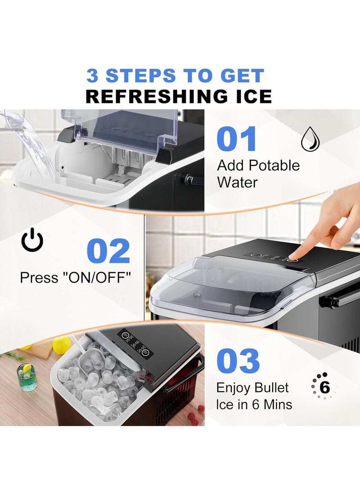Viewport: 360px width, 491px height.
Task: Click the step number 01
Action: click(237, 139)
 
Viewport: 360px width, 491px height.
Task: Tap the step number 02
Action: click(108, 251)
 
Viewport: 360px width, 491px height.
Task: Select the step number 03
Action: click(238, 360)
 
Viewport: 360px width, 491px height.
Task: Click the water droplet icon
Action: click(310, 139)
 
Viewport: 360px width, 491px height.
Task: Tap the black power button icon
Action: click(32, 240)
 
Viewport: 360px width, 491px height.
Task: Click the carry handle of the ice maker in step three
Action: click(184, 374)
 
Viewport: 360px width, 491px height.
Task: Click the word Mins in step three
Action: click(278, 404)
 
